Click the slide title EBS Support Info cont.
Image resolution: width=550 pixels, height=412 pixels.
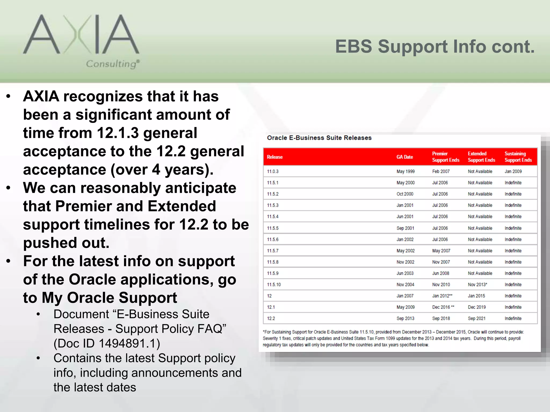(435, 47)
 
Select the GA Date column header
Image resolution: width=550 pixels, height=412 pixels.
(404, 157)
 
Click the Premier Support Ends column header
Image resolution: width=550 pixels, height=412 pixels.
(446, 157)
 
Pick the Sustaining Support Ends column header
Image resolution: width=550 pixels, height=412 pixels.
(518, 157)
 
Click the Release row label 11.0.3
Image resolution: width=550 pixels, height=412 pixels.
(273, 171)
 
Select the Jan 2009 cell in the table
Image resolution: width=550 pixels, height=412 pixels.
(513, 171)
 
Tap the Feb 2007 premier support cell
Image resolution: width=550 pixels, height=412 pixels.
(441, 171)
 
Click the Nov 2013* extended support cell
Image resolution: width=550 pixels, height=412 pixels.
(477, 285)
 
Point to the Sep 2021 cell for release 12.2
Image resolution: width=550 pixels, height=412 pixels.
(476, 318)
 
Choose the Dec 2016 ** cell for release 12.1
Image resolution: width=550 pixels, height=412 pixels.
(443, 307)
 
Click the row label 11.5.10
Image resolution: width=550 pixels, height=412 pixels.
(274, 285)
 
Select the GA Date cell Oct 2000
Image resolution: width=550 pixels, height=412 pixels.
(405, 194)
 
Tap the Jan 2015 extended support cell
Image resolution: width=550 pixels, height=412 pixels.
(476, 296)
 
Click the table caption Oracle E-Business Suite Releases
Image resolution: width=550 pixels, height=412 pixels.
(319, 138)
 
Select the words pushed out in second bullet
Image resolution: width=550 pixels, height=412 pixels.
(66, 243)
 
